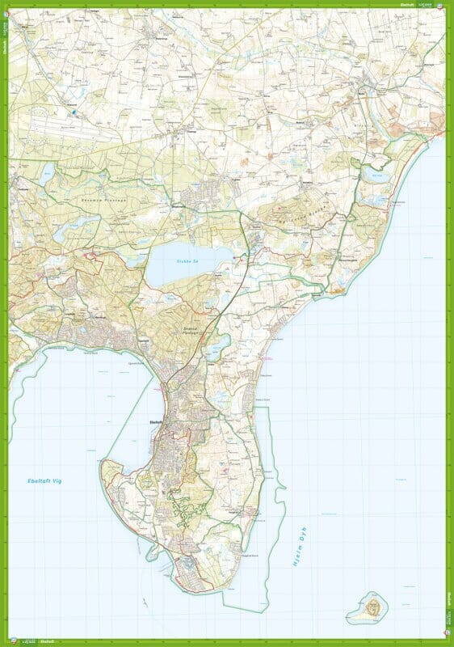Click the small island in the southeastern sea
372,604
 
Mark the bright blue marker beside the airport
74,114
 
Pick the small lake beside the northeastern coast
375,175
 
